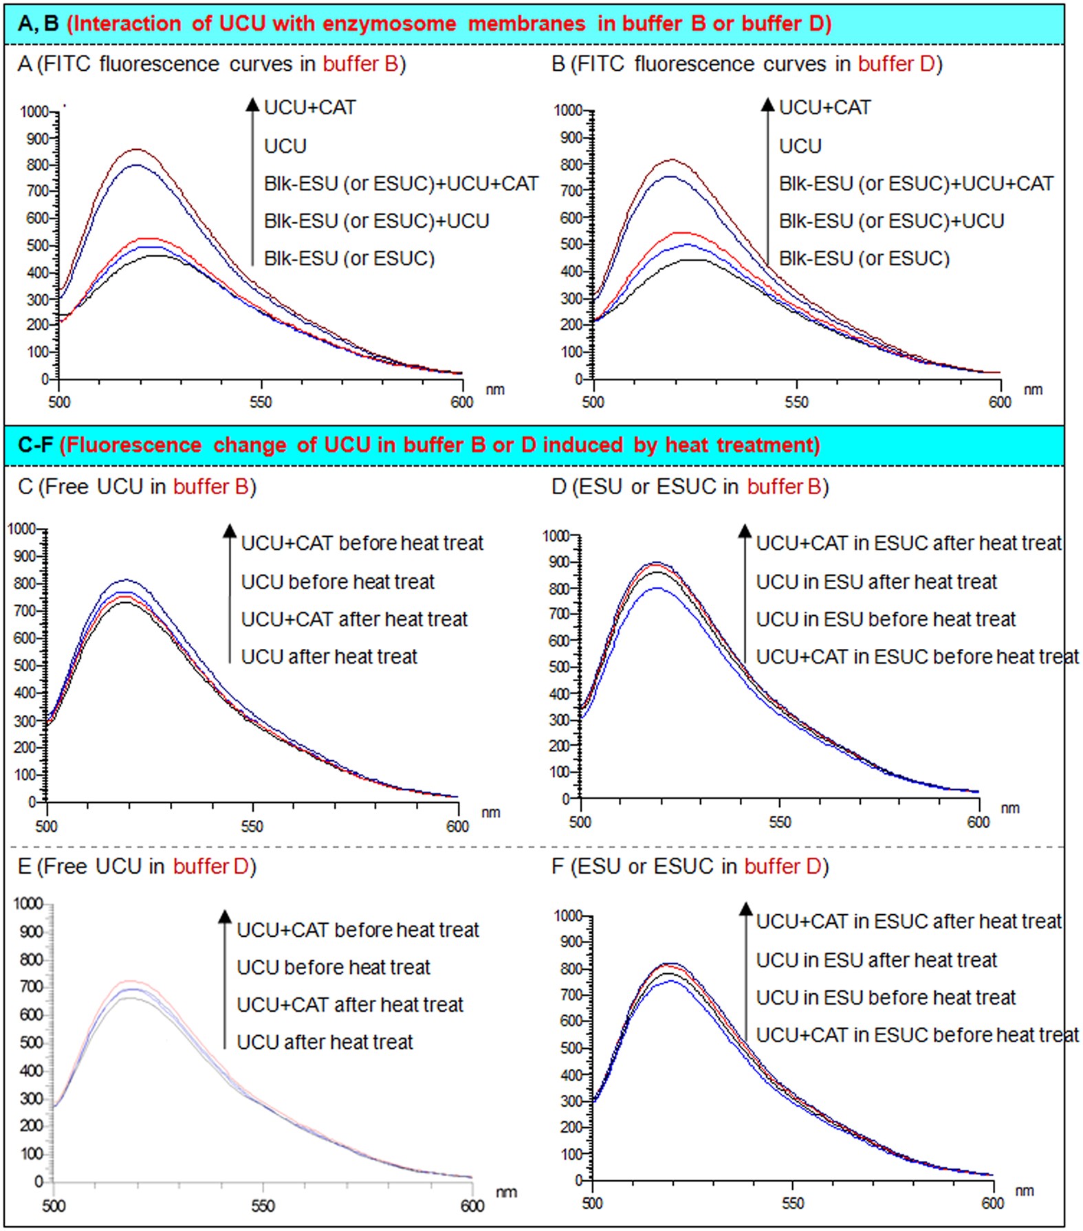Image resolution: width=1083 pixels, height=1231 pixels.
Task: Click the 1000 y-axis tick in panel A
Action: click(x=34, y=111)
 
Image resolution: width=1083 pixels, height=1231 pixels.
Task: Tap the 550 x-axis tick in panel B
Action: click(x=796, y=402)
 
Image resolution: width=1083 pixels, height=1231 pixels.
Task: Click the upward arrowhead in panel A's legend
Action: click(x=252, y=104)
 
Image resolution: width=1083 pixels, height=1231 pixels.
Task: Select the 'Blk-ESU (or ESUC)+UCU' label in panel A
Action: click(x=376, y=221)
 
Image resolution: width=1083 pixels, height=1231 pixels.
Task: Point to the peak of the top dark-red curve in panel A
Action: click(x=137, y=149)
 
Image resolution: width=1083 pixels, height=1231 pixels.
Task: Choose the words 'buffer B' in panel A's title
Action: click(x=360, y=64)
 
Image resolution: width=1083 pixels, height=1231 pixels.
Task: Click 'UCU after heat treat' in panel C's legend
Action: click(x=329, y=657)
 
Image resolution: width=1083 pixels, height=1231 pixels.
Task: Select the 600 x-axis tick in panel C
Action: click(x=457, y=826)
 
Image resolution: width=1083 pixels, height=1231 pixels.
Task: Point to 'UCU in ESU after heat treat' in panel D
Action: click(x=876, y=582)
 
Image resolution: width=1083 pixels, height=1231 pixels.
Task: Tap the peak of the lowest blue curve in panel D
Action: click(x=659, y=588)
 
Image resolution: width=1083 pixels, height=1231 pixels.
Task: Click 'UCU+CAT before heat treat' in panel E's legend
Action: click(x=358, y=930)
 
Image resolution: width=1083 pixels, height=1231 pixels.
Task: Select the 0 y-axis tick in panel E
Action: click(x=39, y=1182)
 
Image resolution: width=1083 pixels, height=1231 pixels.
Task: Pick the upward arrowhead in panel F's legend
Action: click(x=745, y=909)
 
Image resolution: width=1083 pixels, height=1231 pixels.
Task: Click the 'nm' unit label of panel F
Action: click(x=1024, y=1191)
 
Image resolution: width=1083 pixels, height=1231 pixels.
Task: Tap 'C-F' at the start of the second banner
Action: click(x=35, y=445)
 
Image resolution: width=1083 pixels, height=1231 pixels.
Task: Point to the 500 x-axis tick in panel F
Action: click(x=592, y=1204)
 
